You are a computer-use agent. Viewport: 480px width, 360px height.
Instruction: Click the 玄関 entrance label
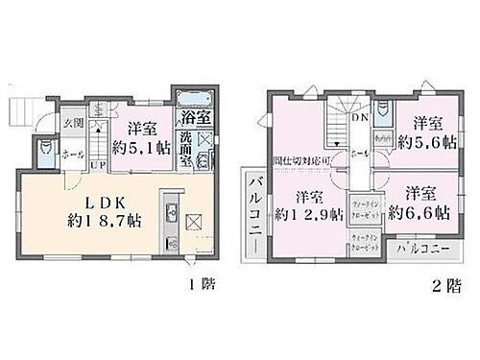point(74,122)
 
